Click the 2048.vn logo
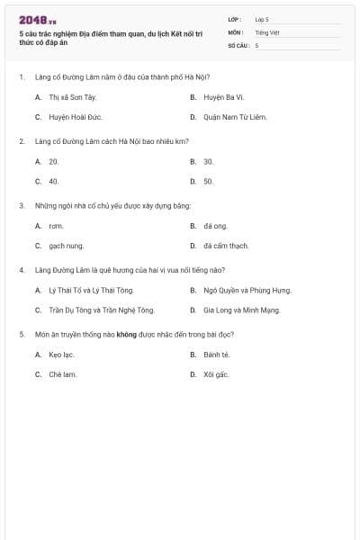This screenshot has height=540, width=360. (x=37, y=19)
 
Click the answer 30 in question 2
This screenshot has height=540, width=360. (x=208, y=161)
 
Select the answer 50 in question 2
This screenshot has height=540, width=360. (x=208, y=181)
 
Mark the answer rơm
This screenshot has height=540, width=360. (x=56, y=226)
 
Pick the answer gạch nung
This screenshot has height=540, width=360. (x=66, y=246)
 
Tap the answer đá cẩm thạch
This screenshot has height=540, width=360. (x=226, y=246)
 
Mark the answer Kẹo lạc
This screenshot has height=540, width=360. (x=61, y=355)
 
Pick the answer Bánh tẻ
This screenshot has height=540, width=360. (x=217, y=355)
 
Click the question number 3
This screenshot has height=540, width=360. (x=22, y=205)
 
